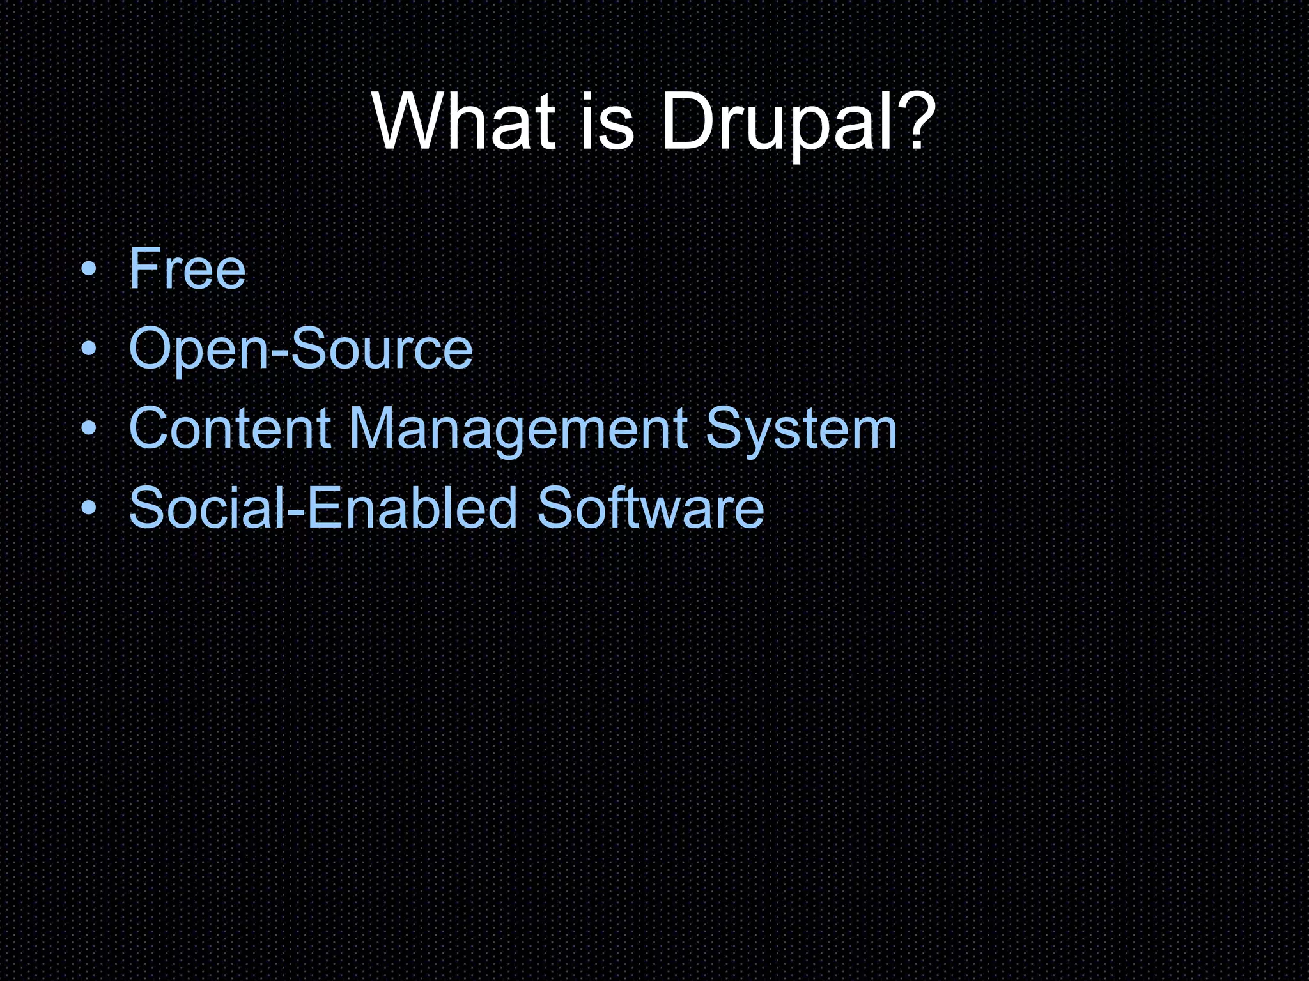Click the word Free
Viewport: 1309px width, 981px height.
(x=187, y=269)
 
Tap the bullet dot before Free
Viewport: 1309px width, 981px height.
(x=89, y=269)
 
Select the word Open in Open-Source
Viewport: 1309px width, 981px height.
(x=199, y=349)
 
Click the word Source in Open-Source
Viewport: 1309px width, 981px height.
(x=382, y=349)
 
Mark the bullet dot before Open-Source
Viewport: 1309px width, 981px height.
(x=89, y=349)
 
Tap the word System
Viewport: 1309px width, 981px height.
(x=802, y=429)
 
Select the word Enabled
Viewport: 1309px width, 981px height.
(x=412, y=508)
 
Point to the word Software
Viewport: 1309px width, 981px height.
(x=650, y=508)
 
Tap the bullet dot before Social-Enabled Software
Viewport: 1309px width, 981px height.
(x=89, y=508)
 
